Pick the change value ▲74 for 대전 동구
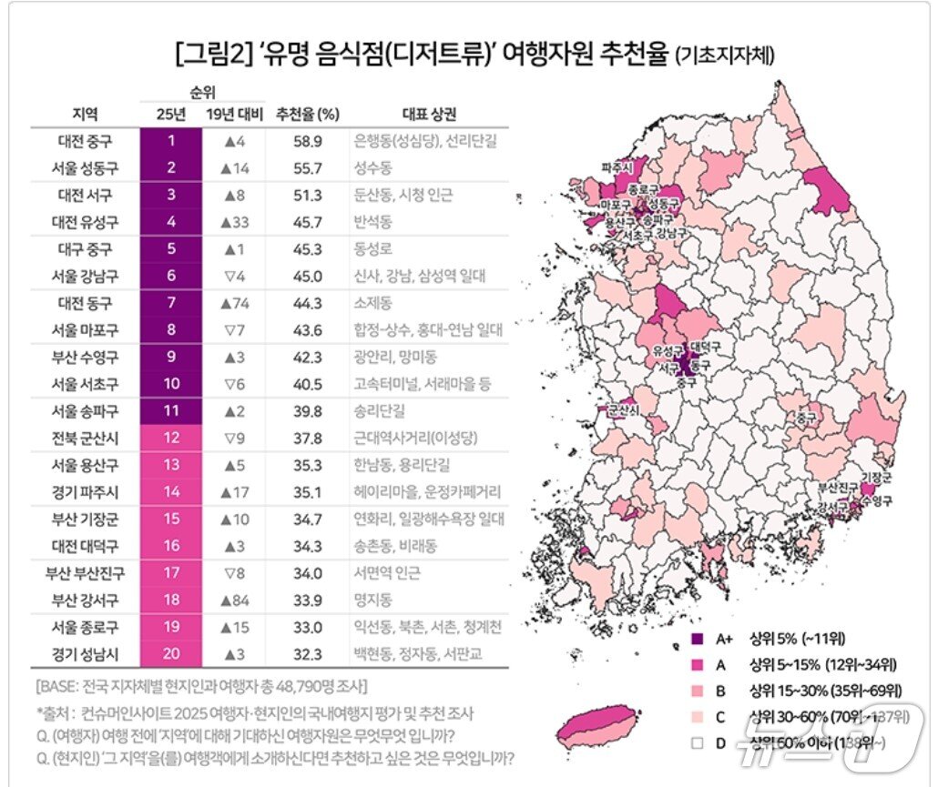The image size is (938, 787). pyautogui.click(x=234, y=303)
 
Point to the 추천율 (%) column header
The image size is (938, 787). pyautogui.click(x=308, y=115)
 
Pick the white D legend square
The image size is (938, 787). pyautogui.click(x=697, y=743)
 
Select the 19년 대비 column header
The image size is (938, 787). pyautogui.click(x=234, y=115)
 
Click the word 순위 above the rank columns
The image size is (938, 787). pyautogui.click(x=202, y=92)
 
